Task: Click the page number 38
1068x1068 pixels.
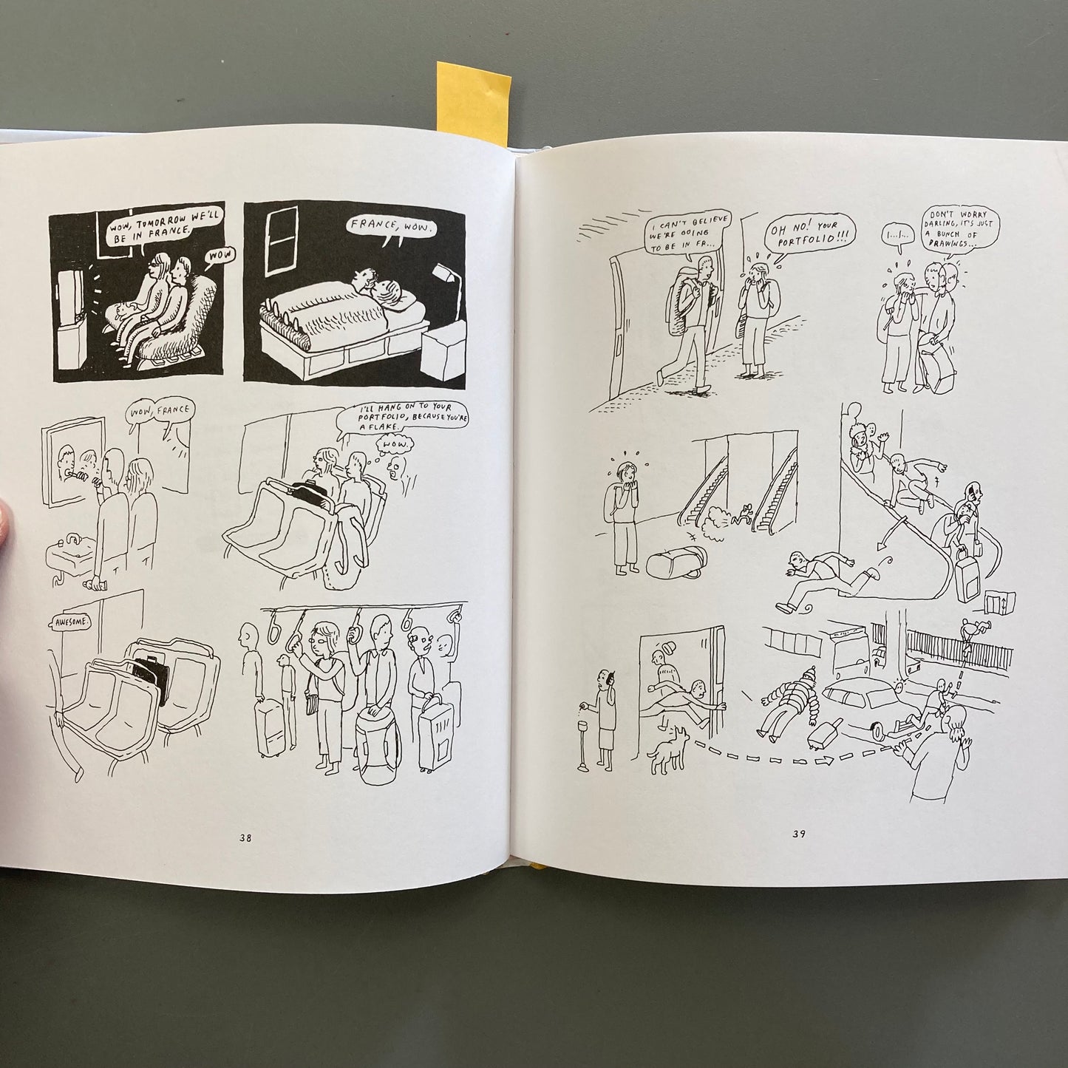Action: (x=245, y=839)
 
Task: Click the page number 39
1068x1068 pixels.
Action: (x=798, y=834)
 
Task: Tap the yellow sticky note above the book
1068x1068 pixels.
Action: (x=472, y=103)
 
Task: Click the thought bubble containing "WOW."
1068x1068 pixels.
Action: (x=395, y=444)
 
